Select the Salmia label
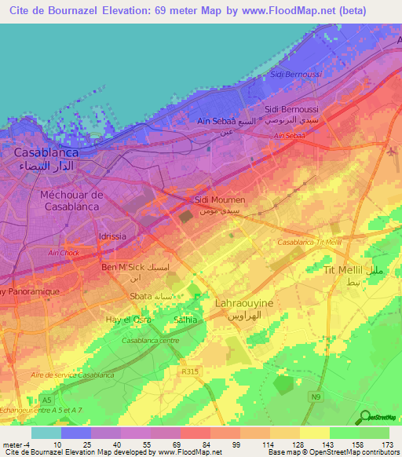pos(186,320)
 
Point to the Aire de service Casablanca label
pos(71,375)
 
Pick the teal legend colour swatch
pos(46,433)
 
